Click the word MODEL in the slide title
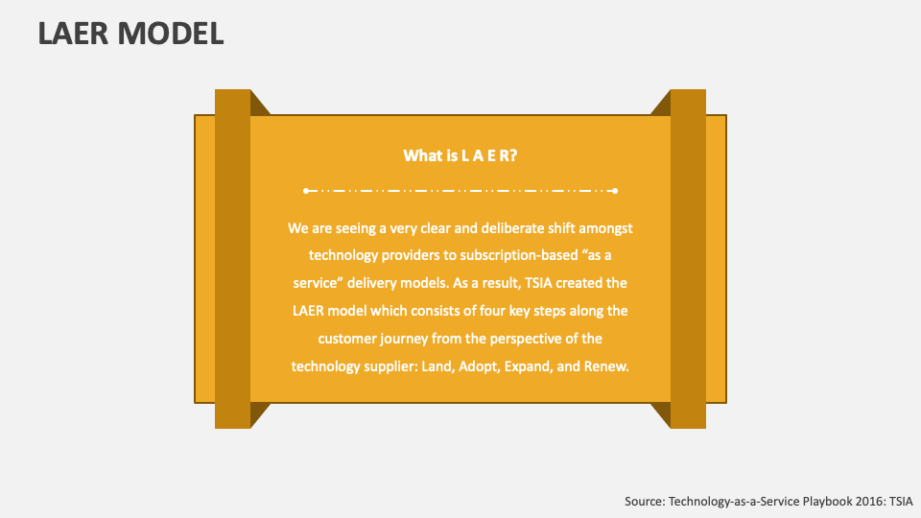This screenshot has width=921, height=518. pyautogui.click(x=172, y=35)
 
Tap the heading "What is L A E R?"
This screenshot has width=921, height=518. pyautogui.click(x=460, y=155)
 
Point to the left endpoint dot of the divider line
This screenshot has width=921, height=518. pyautogui.click(x=306, y=191)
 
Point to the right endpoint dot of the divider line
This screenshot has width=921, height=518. pyautogui.click(x=615, y=191)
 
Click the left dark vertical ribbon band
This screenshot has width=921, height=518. pyautogui.click(x=232, y=259)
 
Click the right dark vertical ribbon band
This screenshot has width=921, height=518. pyautogui.click(x=688, y=259)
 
